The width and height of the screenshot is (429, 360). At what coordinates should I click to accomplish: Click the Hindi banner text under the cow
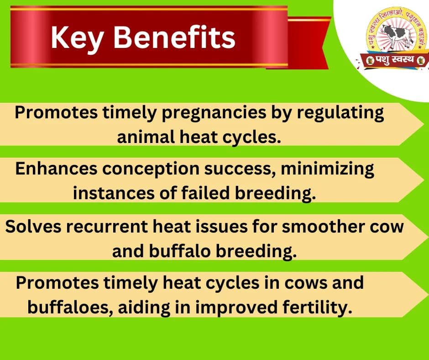point(396,59)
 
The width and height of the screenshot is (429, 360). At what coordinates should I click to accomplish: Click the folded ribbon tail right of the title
point(310,37)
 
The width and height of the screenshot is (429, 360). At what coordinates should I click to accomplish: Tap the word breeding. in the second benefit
point(275,193)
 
